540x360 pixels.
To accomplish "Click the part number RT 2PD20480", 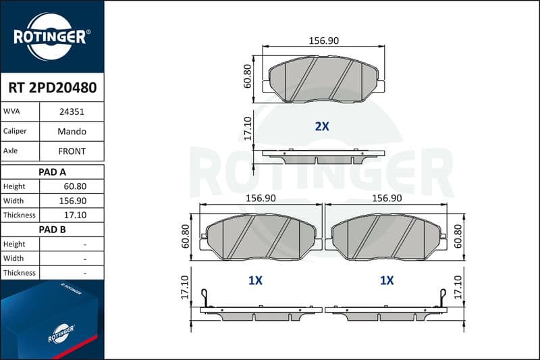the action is [x=53, y=88].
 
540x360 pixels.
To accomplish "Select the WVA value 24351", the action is [x=72, y=111].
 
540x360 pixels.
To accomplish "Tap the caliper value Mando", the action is [x=72, y=131].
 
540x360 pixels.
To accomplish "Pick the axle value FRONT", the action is [x=72, y=151].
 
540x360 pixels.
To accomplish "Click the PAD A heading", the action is [x=52, y=172].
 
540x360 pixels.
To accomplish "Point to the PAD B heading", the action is [x=52, y=230].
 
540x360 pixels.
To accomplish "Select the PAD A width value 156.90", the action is [x=73, y=201].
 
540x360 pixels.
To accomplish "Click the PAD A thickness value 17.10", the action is [x=75, y=215].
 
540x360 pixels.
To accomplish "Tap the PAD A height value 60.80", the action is [x=75, y=186].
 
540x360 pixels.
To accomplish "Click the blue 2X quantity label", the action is [x=322, y=126].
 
